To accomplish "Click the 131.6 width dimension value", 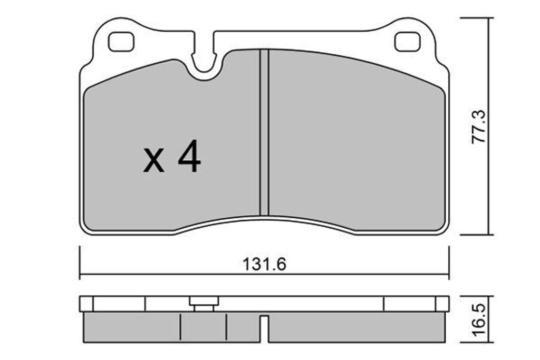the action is (x=264, y=264).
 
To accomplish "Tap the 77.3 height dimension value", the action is (x=479, y=127).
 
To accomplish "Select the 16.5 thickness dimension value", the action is (x=479, y=320).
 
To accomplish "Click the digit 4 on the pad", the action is (x=189, y=156).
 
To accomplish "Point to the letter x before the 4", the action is (x=153, y=160).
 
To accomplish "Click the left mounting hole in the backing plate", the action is (x=121, y=42).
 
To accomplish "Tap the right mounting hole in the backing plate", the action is (x=408, y=42).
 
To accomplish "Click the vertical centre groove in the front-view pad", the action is (x=264, y=132).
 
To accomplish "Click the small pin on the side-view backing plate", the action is (x=204, y=304).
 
